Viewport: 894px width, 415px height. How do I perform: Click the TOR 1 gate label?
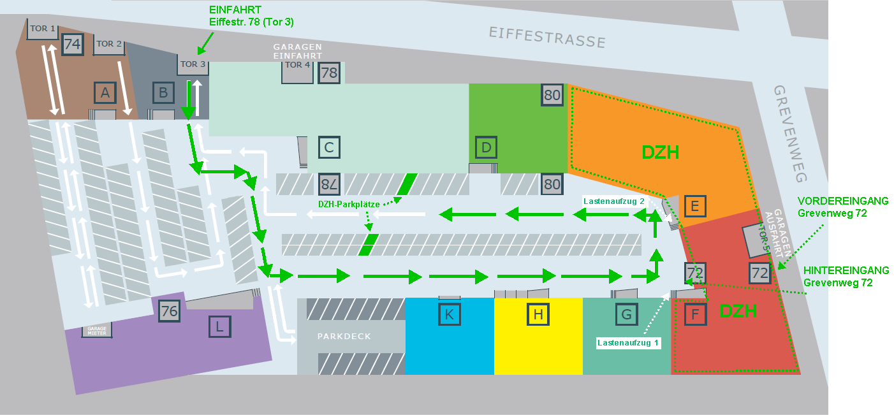(43, 29)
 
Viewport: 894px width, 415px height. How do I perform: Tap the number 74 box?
(73, 45)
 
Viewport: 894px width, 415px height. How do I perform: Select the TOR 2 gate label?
(108, 45)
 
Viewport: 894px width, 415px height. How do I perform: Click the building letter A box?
(105, 93)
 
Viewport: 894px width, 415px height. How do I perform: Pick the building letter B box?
(163, 93)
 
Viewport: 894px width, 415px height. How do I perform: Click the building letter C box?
(329, 147)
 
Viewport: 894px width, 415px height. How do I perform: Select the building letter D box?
(487, 148)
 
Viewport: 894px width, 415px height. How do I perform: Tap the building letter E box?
(695, 206)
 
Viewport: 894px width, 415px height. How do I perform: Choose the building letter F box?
(695, 314)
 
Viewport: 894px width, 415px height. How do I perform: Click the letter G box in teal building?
(626, 314)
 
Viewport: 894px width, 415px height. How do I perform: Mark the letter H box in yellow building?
(538, 314)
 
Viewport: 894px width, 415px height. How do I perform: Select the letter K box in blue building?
(450, 314)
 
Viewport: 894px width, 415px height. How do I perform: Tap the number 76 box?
(169, 311)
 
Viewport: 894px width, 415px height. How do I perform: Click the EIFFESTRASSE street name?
(547, 37)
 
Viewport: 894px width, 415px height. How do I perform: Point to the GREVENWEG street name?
(791, 134)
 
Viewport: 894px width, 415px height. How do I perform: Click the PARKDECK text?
(344, 336)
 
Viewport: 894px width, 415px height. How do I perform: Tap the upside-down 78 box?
(329, 184)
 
